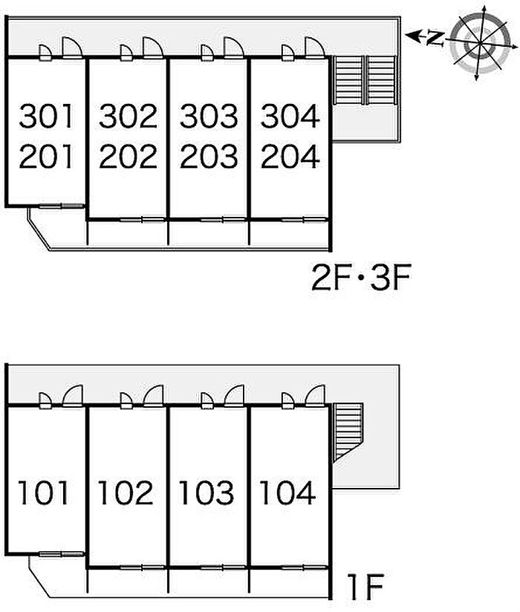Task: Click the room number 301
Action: (x=47, y=116)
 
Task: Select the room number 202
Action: (x=128, y=157)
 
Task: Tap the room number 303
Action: (x=209, y=116)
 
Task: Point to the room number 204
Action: (x=290, y=157)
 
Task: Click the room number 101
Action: (x=45, y=493)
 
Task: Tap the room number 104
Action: (x=287, y=493)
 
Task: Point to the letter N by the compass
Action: (x=436, y=37)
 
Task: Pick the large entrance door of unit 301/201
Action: (x=72, y=48)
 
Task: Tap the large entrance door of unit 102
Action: (x=153, y=396)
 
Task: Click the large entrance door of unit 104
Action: (x=315, y=396)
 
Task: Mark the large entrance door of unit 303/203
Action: (x=234, y=48)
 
